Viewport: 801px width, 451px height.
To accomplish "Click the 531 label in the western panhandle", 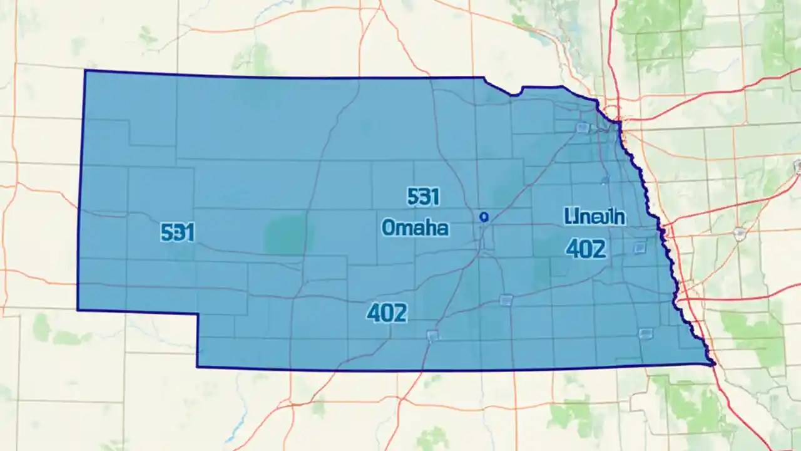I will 178,233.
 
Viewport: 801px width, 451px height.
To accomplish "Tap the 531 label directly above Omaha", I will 423,197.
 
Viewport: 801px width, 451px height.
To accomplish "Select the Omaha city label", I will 415,227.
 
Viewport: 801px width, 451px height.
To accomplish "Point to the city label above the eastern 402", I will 594,217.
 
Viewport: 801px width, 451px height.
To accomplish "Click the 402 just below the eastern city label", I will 586,249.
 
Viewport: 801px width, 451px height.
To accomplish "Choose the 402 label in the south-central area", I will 387,313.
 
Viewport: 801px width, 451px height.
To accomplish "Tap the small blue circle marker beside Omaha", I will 482,217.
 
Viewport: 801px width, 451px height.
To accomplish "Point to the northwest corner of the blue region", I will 85,71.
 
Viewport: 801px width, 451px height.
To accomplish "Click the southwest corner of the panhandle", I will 78,309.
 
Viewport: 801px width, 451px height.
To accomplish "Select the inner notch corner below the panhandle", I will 198,314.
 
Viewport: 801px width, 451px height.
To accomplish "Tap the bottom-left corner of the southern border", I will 197,366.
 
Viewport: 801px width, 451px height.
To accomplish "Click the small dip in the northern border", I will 514,95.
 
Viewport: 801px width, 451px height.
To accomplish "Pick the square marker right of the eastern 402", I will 639,247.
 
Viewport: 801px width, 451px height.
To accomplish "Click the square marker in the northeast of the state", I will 583,128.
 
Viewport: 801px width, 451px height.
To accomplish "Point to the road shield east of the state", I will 740,234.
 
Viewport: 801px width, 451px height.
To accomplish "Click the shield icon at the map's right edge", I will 797,166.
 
